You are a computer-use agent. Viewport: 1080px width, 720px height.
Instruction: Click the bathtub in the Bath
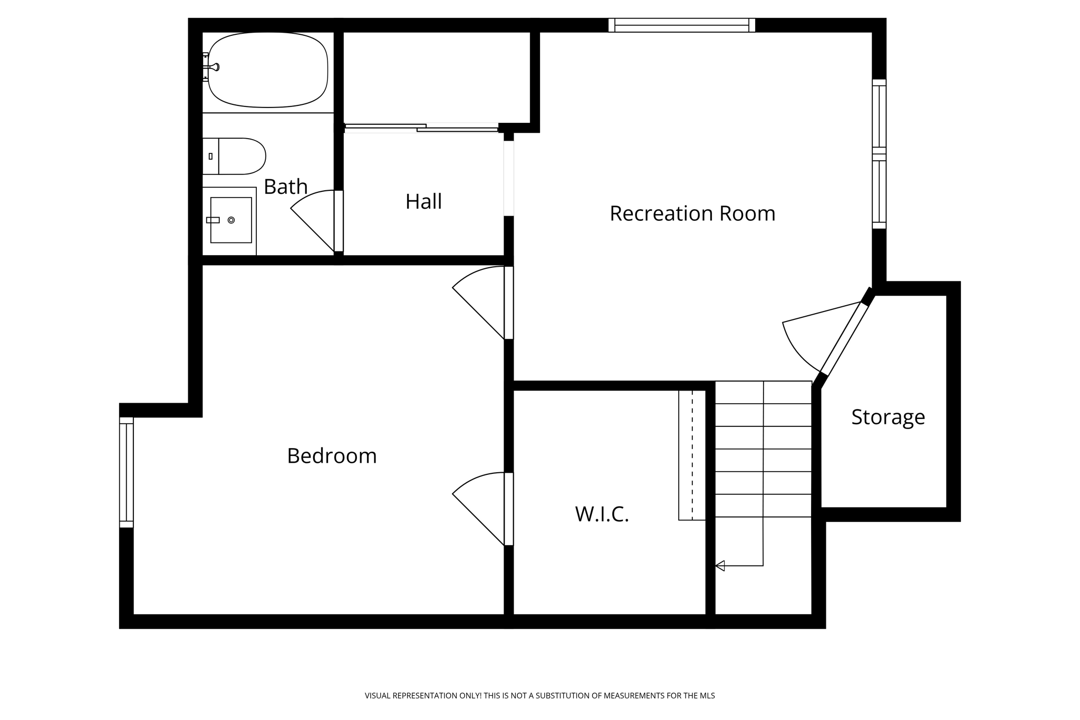point(268,70)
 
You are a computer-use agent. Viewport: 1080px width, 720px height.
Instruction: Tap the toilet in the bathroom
point(240,156)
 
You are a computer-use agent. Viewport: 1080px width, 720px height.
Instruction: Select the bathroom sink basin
point(231,220)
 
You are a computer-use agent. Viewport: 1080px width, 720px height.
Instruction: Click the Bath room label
point(285,187)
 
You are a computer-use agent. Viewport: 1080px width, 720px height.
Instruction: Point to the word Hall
point(423,201)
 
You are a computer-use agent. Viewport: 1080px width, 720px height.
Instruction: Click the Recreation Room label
point(692,213)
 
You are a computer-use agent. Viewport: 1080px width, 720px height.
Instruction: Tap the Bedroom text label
point(332,456)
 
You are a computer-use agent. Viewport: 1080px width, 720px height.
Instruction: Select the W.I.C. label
point(602,514)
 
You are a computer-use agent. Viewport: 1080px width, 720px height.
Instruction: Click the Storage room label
point(888,417)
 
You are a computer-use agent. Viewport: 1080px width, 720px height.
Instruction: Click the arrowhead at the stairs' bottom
point(720,566)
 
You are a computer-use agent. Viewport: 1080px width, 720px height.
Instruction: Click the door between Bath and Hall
point(339,221)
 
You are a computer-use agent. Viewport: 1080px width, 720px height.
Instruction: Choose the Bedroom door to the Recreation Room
point(508,303)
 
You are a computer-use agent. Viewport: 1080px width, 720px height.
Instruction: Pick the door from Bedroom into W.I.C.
point(508,509)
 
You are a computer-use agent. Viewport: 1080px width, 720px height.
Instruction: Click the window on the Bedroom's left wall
point(127,472)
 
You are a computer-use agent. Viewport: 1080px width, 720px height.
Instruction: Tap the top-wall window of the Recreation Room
point(681,25)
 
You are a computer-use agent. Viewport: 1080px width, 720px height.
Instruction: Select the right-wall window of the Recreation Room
point(879,154)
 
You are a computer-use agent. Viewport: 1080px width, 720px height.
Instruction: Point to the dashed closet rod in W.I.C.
point(692,455)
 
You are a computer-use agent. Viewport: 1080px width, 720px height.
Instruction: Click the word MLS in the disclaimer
point(707,696)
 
